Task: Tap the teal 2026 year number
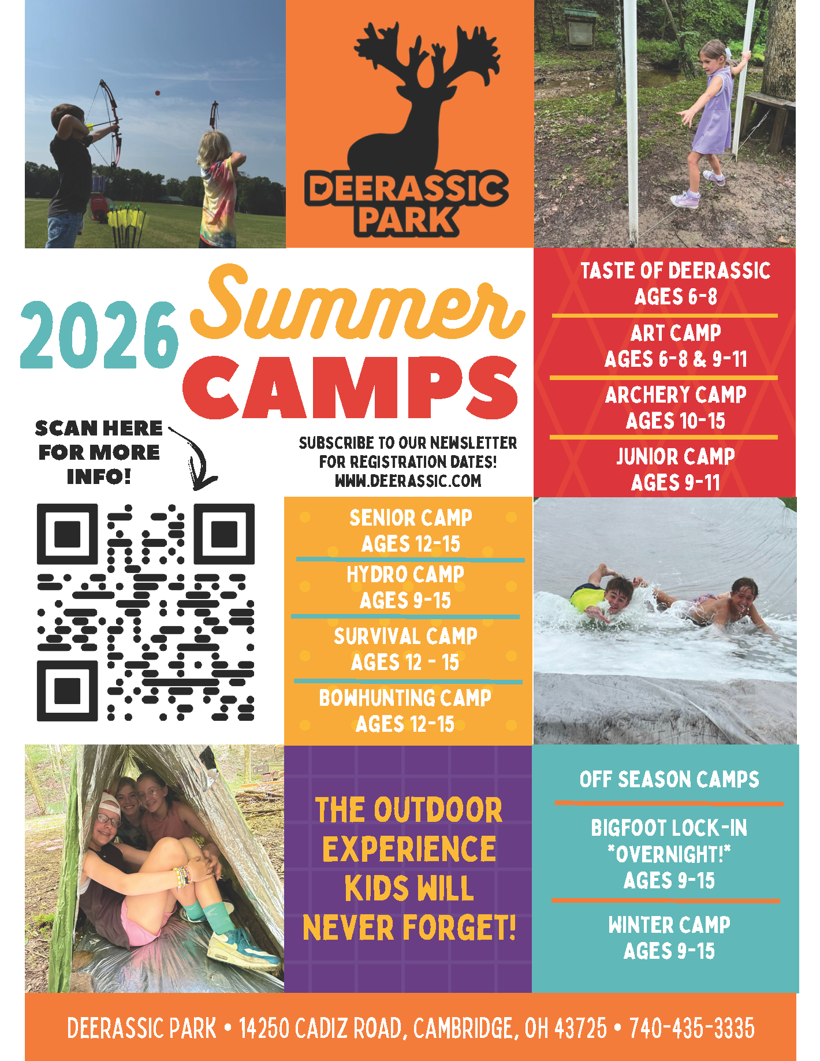[x=99, y=335]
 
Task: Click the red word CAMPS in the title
[x=351, y=388]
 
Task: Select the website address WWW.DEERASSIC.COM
[x=408, y=481]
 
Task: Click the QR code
[x=146, y=612]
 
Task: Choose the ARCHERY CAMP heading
[x=676, y=395]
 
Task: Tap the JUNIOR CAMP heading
[x=676, y=457]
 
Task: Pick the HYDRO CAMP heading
[x=405, y=575]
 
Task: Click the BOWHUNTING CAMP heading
[x=405, y=698]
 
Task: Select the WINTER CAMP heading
[x=669, y=925]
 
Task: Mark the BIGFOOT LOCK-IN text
[x=669, y=828]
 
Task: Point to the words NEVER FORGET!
[x=409, y=928]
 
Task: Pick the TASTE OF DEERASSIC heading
[x=676, y=271]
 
